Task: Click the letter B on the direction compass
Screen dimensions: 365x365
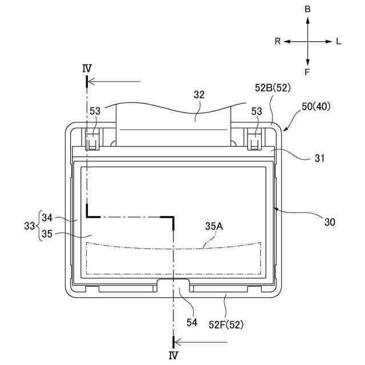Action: click(307, 9)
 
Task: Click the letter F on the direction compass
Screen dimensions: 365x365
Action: click(307, 72)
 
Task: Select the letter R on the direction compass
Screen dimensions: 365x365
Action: click(278, 42)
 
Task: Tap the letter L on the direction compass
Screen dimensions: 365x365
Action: click(338, 42)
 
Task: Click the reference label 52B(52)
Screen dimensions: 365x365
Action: click(273, 88)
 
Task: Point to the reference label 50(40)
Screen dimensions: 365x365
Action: click(316, 107)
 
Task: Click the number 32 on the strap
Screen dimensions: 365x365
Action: click(199, 95)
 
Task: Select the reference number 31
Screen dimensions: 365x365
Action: click(319, 159)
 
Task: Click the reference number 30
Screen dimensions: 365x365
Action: click(330, 222)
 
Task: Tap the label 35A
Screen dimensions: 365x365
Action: click(214, 226)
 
